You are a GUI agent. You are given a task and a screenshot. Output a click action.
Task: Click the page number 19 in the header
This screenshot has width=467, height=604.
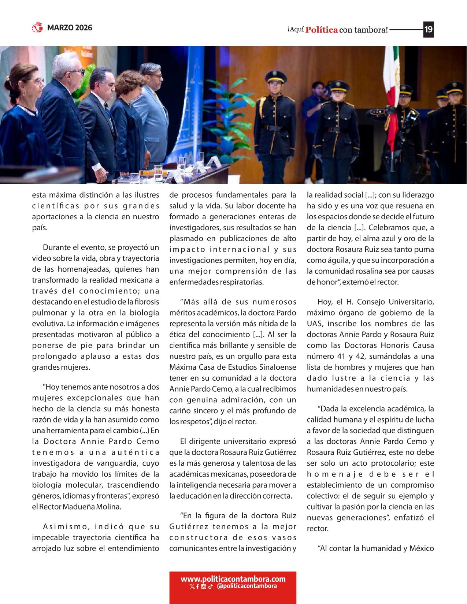click(429, 29)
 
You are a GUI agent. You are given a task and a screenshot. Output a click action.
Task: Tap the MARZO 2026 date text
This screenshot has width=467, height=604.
click(70, 28)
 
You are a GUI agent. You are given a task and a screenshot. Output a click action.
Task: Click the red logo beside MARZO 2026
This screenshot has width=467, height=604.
click(37, 27)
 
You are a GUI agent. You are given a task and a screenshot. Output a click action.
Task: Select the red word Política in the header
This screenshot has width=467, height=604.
click(321, 30)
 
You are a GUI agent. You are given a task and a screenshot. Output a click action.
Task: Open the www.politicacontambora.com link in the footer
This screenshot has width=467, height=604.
click(233, 579)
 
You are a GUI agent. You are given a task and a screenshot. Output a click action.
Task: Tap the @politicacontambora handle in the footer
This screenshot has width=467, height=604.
click(247, 586)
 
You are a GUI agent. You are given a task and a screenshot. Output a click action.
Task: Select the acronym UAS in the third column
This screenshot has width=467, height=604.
click(315, 324)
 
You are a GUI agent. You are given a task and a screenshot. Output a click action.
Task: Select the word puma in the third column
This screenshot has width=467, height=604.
click(426, 249)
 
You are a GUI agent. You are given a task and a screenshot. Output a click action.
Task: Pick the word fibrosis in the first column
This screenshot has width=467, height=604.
click(147, 302)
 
